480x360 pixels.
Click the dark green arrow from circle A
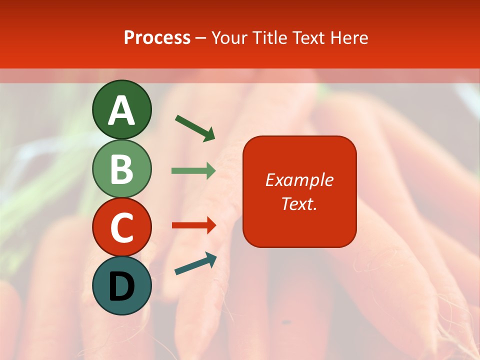(195, 128)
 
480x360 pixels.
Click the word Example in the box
(299, 180)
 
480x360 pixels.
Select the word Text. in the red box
(299, 204)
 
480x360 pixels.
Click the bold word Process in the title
(157, 37)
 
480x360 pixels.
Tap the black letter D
(121, 286)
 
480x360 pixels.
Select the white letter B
(121, 169)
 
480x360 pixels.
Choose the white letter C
(121, 227)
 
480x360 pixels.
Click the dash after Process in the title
(201, 38)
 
